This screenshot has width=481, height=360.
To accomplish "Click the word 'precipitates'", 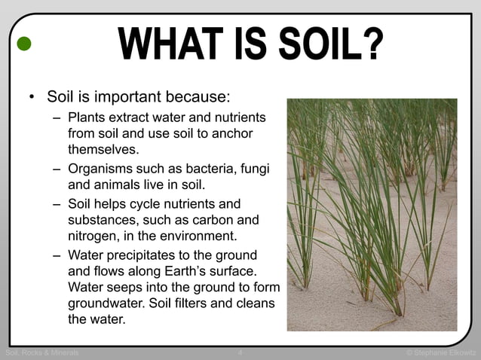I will pos(157,255).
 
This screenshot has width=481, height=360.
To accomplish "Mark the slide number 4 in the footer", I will pos(240,352).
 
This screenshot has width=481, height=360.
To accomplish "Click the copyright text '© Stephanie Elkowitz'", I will pos(441,352).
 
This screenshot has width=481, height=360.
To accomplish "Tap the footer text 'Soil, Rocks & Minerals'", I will pos(42,352).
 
